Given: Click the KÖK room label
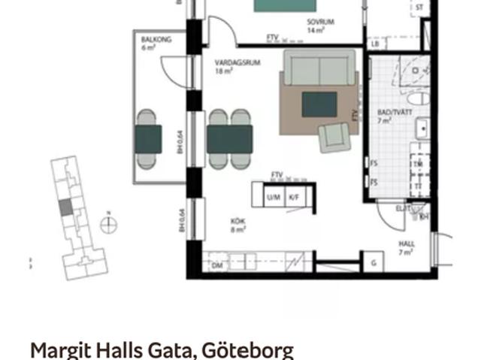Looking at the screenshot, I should click(238, 221).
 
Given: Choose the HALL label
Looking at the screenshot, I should click(406, 244).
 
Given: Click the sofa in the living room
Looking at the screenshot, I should click(319, 69).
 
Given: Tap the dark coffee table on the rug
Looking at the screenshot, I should click(319, 104).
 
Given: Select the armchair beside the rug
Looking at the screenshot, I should click(333, 138).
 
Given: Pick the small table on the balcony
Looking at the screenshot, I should click(148, 138).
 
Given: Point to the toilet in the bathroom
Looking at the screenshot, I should click(417, 98).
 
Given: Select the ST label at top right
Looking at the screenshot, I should click(419, 8).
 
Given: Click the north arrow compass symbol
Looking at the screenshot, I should click(109, 222).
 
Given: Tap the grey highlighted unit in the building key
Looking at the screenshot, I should click(67, 206).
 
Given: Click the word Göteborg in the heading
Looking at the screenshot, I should click(247, 349).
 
